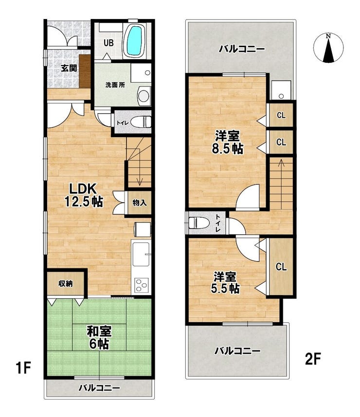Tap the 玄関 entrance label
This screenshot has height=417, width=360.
(69, 68)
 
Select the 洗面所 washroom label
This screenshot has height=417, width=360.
(115, 85)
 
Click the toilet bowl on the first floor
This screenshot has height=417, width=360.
(141, 122)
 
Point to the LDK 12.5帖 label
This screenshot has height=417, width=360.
(84, 195)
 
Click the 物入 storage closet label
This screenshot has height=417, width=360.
(140, 203)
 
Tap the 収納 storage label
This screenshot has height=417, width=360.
(66, 284)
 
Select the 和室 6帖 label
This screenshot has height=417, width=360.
(99, 337)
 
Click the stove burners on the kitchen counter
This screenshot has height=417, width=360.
(141, 285)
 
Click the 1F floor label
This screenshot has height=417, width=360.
(23, 367)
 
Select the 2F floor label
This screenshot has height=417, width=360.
(313, 359)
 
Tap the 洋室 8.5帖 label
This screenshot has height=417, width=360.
(227, 142)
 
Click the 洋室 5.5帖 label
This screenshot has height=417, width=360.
(225, 283)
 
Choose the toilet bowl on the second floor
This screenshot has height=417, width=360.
(198, 222)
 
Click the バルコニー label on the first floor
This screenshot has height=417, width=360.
(99, 388)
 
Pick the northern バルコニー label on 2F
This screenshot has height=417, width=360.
(242, 49)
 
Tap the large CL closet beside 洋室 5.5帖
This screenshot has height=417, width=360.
(281, 266)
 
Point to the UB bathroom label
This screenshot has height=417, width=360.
(108, 43)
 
